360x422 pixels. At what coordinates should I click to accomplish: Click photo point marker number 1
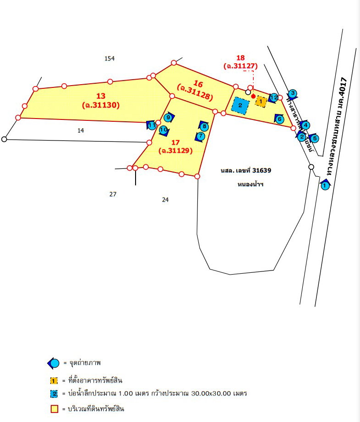pyautogui.click(x=325, y=185)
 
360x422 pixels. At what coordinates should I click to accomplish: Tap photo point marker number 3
pyautogui.click(x=293, y=94)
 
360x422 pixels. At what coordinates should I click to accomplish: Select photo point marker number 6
pyautogui.click(x=279, y=119)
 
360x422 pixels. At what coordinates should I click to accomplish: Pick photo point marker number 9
pyautogui.click(x=168, y=118)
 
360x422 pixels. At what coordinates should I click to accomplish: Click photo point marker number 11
pyautogui.click(x=152, y=125)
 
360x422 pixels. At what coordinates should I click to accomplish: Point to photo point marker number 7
pyautogui.click(x=201, y=135)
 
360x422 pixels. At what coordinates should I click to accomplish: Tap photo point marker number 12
pyautogui.click(x=273, y=97)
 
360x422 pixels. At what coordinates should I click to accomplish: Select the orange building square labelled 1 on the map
pyautogui.click(x=260, y=101)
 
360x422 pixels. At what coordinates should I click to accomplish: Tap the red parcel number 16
pyautogui.click(x=198, y=83)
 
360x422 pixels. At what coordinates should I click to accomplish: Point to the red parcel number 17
pyautogui.click(x=175, y=142)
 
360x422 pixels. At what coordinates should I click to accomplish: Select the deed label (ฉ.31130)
pyautogui.click(x=101, y=105)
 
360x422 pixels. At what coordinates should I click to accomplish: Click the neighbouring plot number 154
pyautogui.click(x=109, y=58)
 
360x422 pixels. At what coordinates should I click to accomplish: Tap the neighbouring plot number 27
pyautogui.click(x=113, y=194)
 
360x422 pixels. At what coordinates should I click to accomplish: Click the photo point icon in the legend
pyautogui.click(x=54, y=363)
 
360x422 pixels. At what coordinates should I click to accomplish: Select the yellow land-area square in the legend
pyautogui.click(x=54, y=409)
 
